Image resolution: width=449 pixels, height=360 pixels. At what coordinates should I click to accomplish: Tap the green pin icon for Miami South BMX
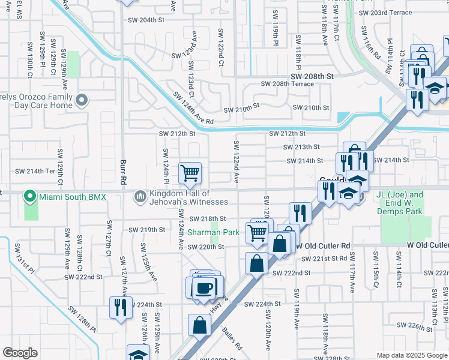pyautogui.click(x=28, y=196)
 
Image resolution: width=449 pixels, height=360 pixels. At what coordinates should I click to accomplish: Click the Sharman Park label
pyautogui.click(x=213, y=232)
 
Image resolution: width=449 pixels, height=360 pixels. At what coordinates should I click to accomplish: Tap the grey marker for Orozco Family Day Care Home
pyautogui.click(x=82, y=100)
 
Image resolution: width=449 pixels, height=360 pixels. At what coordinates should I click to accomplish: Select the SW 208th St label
pyautogui.click(x=312, y=77)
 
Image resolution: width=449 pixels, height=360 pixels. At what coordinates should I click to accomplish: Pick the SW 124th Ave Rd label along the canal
pyautogui.click(x=193, y=108)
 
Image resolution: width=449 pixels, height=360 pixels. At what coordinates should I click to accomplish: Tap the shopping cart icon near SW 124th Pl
pyautogui.click(x=190, y=173)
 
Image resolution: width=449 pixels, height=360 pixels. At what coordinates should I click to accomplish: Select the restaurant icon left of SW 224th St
pyautogui.click(x=121, y=308)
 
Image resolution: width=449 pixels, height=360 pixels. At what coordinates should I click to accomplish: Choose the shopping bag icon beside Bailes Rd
pyautogui.click(x=199, y=325)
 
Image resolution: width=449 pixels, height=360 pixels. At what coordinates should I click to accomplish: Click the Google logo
pyautogui.click(x=20, y=353)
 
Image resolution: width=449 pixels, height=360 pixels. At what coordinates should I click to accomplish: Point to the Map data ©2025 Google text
pyautogui.click(x=411, y=355)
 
